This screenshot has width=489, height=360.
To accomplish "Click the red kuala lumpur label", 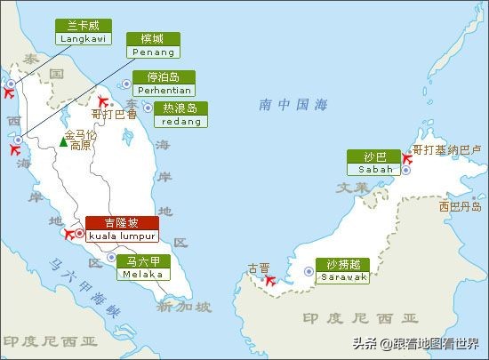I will pyautogui.click(x=122, y=229).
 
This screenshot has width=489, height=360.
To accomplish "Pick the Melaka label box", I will pyautogui.click(x=144, y=267).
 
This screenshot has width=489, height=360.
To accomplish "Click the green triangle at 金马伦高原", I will pyautogui.click(x=62, y=141).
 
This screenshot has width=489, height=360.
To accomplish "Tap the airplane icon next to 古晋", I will pyautogui.click(x=271, y=280).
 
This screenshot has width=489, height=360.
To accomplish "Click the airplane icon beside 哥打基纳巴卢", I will pyautogui.click(x=406, y=160).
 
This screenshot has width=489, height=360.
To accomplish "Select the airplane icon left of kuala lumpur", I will pyautogui.click(x=71, y=234).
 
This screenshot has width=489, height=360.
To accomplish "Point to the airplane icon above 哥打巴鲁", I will pyautogui.click(x=103, y=101).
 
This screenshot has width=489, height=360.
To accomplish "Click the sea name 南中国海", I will pyautogui.click(x=293, y=104).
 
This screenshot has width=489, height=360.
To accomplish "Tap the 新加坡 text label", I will pyautogui.click(x=184, y=308).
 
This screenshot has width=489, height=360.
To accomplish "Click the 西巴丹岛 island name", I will pyautogui.click(x=460, y=206).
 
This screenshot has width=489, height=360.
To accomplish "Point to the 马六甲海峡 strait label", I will pyautogui.click(x=85, y=288).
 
